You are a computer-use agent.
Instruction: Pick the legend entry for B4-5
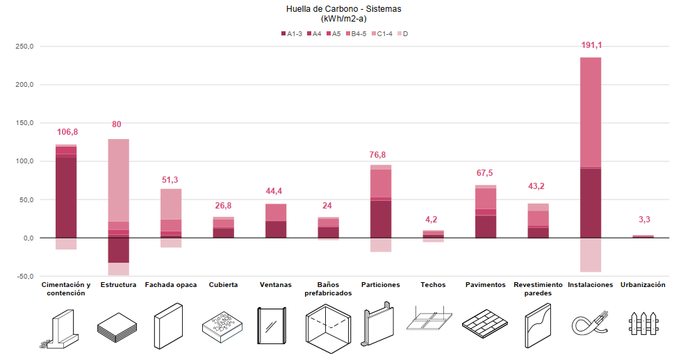[x=355, y=33]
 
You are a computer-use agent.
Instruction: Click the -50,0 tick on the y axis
[x=25, y=277]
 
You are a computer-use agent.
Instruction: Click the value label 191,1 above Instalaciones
[x=591, y=46]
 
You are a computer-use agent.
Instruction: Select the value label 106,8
[x=67, y=132]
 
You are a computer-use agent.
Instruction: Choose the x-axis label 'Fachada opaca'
[x=171, y=285]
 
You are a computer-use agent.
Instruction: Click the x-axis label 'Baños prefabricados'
[x=328, y=289]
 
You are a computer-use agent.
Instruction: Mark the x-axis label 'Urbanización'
[x=643, y=285]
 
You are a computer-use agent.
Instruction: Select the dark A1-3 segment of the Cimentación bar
[x=66, y=197]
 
